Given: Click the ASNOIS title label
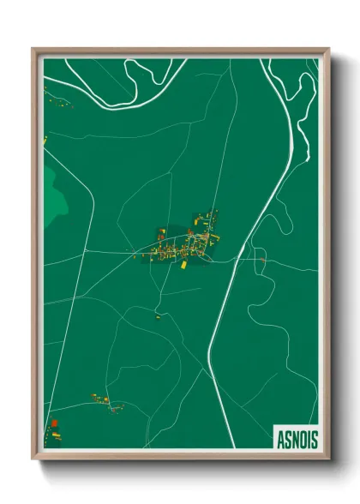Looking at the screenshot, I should tap(297, 439).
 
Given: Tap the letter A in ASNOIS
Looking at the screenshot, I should tap(281, 439).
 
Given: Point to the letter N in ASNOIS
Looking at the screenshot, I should tap(295, 439).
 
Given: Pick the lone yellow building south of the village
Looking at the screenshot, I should tap(158, 316).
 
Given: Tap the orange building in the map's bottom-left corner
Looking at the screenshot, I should tap(54, 423).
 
